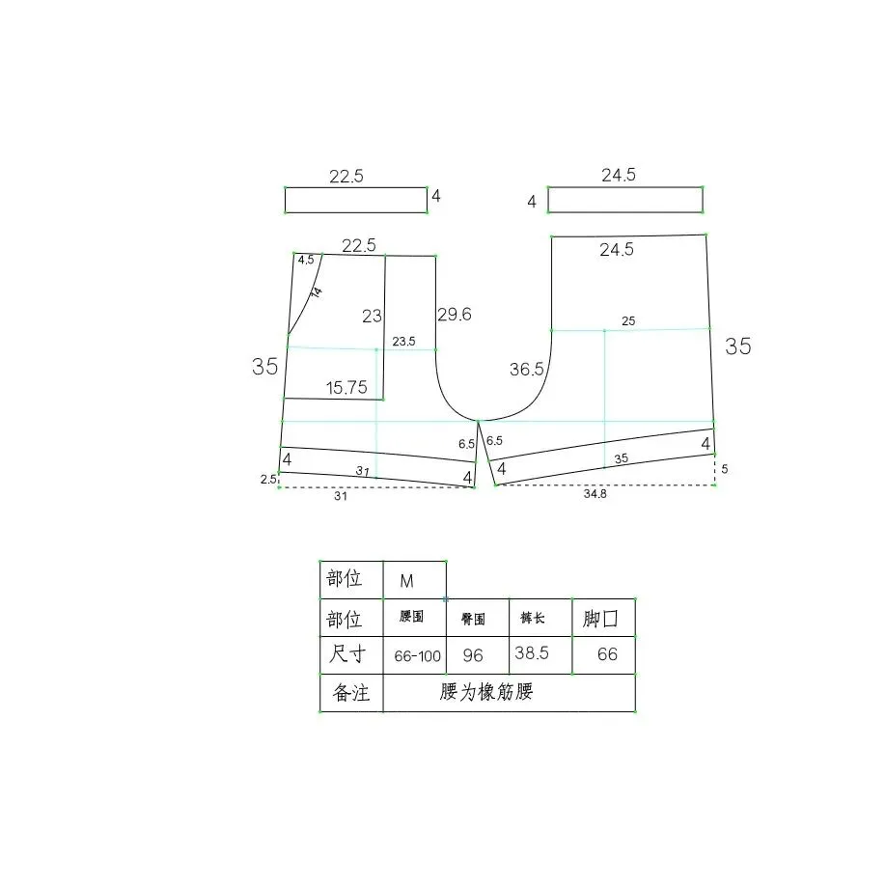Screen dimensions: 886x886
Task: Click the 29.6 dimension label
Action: (x=455, y=315)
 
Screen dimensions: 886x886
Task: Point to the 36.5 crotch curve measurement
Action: (x=527, y=370)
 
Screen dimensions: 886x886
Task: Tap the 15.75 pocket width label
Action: (x=346, y=388)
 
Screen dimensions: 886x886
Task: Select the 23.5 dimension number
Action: (x=403, y=342)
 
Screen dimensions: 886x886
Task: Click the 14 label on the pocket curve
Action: (x=317, y=291)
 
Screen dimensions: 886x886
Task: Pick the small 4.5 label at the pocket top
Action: (x=306, y=261)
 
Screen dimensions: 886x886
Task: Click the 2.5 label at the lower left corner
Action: (x=268, y=479)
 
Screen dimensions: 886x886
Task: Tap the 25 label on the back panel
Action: (x=628, y=321)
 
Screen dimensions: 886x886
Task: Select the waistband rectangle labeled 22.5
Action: (x=355, y=200)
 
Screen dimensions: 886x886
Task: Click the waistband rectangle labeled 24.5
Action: (x=624, y=200)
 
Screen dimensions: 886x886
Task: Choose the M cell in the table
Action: (x=406, y=581)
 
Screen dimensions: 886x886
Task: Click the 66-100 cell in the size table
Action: (x=418, y=656)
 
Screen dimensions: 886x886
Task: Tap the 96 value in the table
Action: (x=473, y=656)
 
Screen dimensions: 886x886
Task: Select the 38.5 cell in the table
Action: (x=532, y=653)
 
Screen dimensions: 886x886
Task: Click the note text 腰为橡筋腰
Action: (x=485, y=693)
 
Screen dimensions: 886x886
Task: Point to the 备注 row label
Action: (x=351, y=693)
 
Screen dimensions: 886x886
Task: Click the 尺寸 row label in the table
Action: (x=346, y=655)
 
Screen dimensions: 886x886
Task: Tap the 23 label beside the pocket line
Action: (x=373, y=316)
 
